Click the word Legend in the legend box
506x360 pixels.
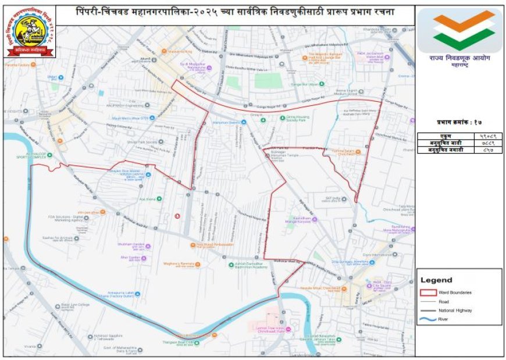[x=436, y=280]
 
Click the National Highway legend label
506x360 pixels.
[x=455, y=310]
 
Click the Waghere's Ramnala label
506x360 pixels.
[x=178, y=263]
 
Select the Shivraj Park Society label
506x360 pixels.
[x=142, y=142]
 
